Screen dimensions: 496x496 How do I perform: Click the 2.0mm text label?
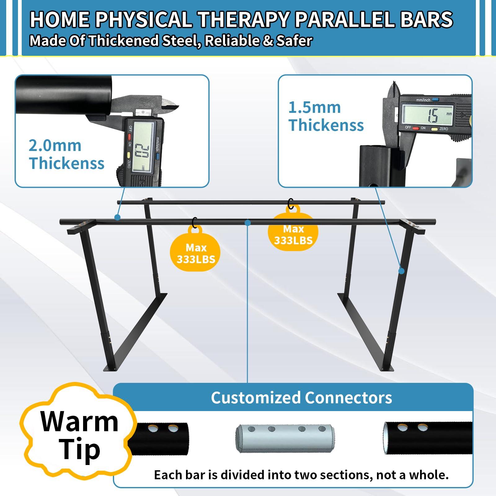pos(55,145)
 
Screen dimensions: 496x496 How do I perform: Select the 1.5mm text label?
pos(314,108)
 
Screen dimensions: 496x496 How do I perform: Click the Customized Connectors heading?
pos(301,397)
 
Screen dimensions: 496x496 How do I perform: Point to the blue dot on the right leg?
pos(401,271)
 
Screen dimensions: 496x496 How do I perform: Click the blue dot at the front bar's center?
pos(247,222)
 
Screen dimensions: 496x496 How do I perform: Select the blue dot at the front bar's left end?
pos(117,217)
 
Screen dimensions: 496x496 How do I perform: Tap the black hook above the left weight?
pos(195,222)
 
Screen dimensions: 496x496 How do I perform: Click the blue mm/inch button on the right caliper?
pos(435,100)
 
